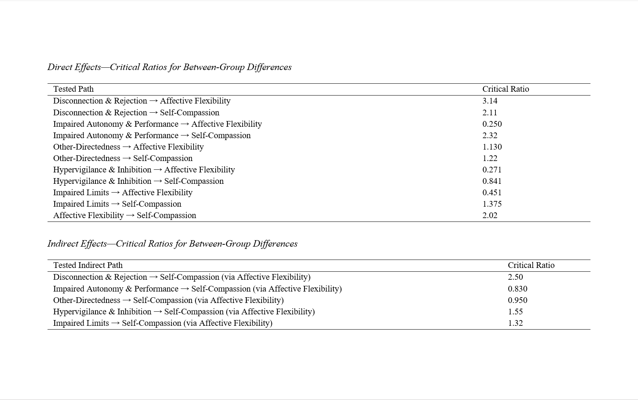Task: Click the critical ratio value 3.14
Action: [490, 101]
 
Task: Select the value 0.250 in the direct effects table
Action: [492, 124]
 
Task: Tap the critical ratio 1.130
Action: [492, 147]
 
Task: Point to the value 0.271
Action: [492, 170]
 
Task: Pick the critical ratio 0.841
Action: [492, 181]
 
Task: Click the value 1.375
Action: [492, 204]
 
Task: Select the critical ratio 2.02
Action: [490, 215]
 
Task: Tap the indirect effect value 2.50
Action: [515, 277]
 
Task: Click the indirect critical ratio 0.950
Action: [517, 300]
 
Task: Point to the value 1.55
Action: [515, 312]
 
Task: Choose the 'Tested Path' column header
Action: [73, 89]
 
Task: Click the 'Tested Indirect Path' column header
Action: [88, 265]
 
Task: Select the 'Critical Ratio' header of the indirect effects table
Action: [531, 265]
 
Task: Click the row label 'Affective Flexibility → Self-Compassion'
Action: [125, 215]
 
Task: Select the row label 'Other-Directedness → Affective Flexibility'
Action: [129, 147]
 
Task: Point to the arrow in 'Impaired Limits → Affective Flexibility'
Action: [115, 193]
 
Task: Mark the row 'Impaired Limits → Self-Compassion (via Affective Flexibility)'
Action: [163, 323]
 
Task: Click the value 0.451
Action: [492, 193]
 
